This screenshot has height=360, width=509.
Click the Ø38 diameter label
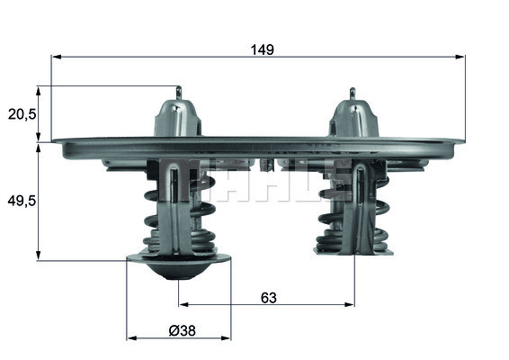pos(181,329)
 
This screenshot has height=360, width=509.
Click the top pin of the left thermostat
pos(179,92)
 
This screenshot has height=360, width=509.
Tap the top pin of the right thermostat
pos(353,92)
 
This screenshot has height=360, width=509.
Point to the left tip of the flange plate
pos(55,140)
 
